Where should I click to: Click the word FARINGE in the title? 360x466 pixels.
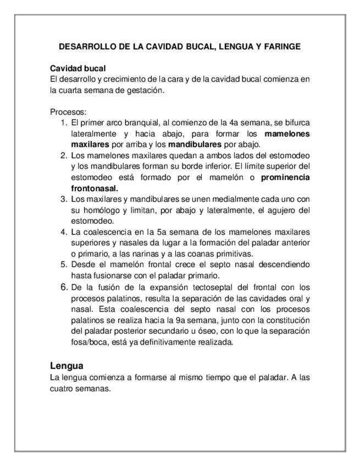point(281,47)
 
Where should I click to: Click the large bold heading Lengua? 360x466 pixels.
point(67,365)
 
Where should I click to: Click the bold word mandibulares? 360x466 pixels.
point(195,144)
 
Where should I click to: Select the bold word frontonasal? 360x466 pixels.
point(95,188)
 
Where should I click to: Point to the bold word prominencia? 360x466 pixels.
point(285,177)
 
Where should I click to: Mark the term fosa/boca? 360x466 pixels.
point(88,342)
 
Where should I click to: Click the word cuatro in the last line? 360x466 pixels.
point(63,389)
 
